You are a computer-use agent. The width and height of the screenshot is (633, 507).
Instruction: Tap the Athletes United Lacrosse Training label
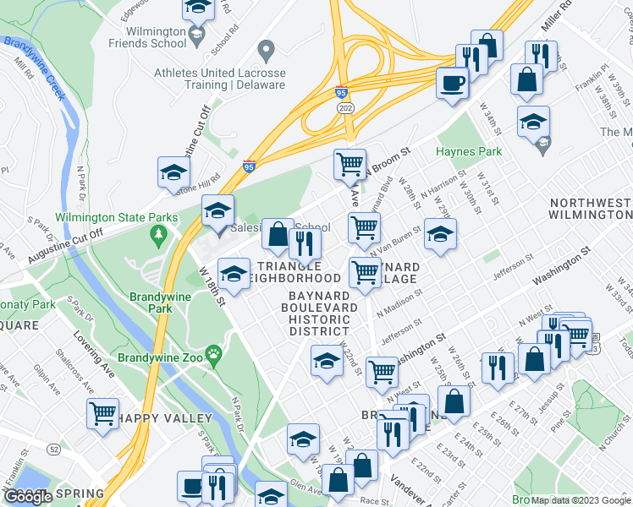219,79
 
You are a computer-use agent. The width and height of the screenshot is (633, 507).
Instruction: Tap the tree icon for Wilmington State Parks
157,232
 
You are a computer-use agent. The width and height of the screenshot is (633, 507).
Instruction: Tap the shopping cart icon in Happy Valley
102,413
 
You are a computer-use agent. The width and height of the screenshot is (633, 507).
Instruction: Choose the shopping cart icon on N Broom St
350,163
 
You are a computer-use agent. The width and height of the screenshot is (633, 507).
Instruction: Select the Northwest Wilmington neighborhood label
590,210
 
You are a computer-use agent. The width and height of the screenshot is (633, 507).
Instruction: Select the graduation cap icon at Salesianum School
217,209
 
